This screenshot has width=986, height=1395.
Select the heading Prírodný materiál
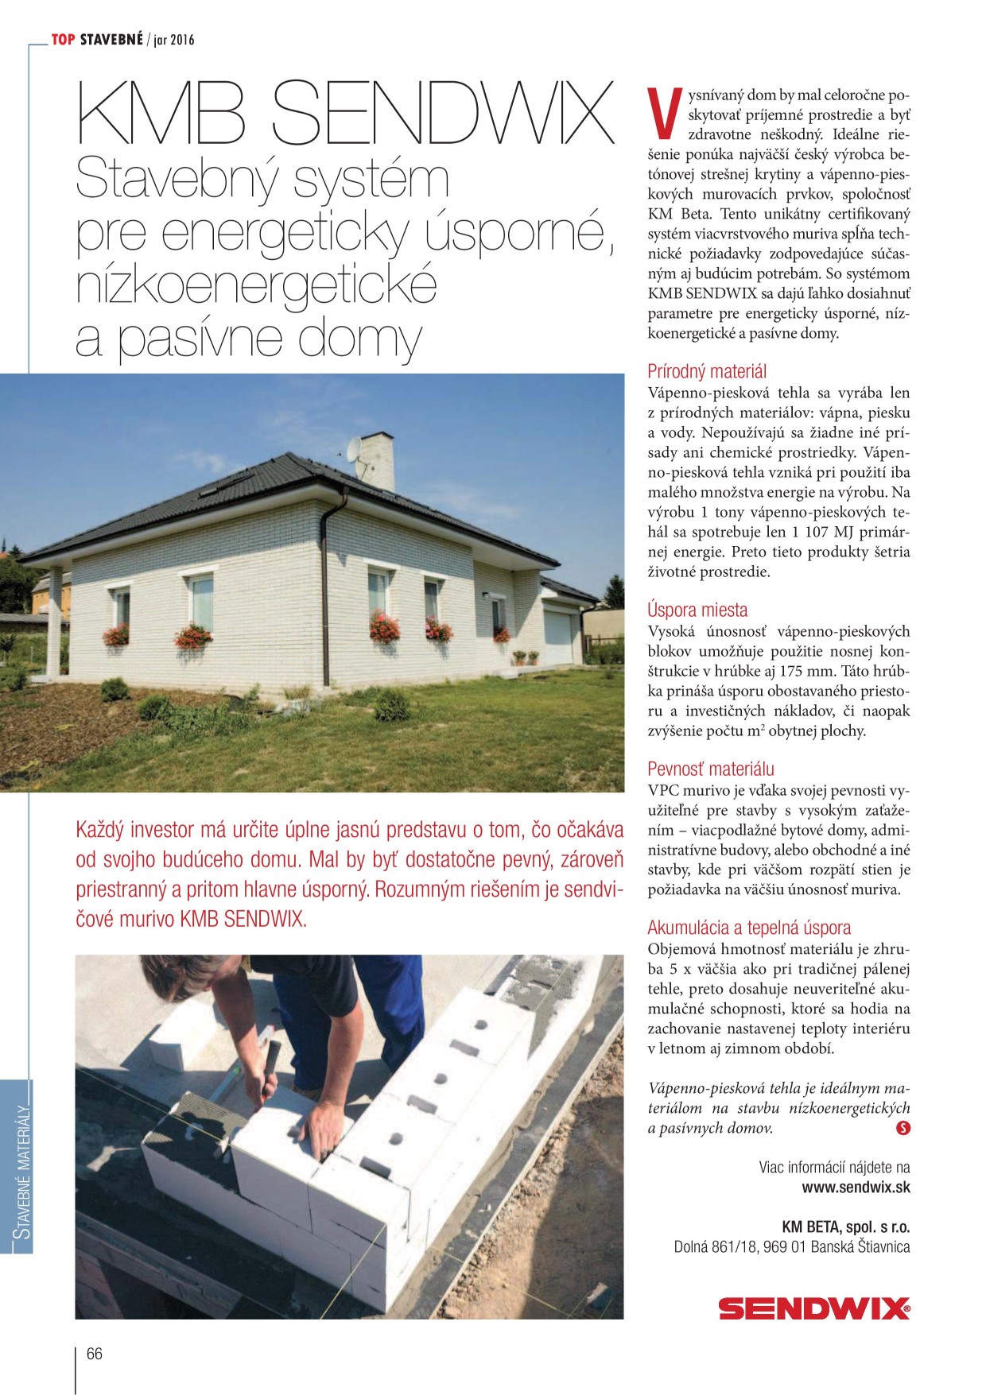click(x=707, y=371)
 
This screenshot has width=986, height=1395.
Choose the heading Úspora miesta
click(x=697, y=610)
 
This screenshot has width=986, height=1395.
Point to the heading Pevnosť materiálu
click(x=710, y=769)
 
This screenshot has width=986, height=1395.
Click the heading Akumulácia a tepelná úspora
click(x=749, y=928)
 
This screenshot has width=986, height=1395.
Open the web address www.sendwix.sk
click(x=856, y=1188)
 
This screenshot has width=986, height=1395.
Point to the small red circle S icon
click(x=903, y=1127)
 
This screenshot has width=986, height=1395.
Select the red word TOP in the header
click(x=64, y=39)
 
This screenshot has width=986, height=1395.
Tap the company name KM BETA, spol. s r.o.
click(x=846, y=1226)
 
